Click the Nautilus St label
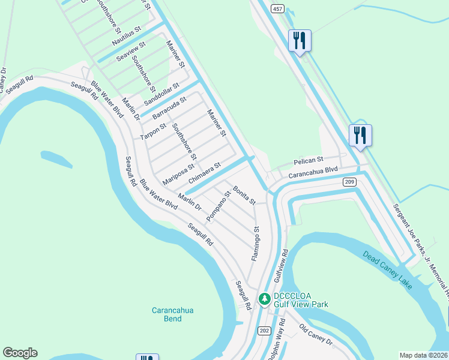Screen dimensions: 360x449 (126, 37)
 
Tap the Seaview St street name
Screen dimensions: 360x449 (131, 50)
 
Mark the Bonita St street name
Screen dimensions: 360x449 (245, 194)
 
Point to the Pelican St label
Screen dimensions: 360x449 (309, 161)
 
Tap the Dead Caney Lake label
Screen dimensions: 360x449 (388, 270)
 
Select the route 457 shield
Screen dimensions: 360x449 (277, 8)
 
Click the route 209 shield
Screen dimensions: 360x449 (350, 182)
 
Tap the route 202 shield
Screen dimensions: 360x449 (265, 331)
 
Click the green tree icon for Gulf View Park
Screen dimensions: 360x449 (264, 298)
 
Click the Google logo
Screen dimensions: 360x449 (20, 353)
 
